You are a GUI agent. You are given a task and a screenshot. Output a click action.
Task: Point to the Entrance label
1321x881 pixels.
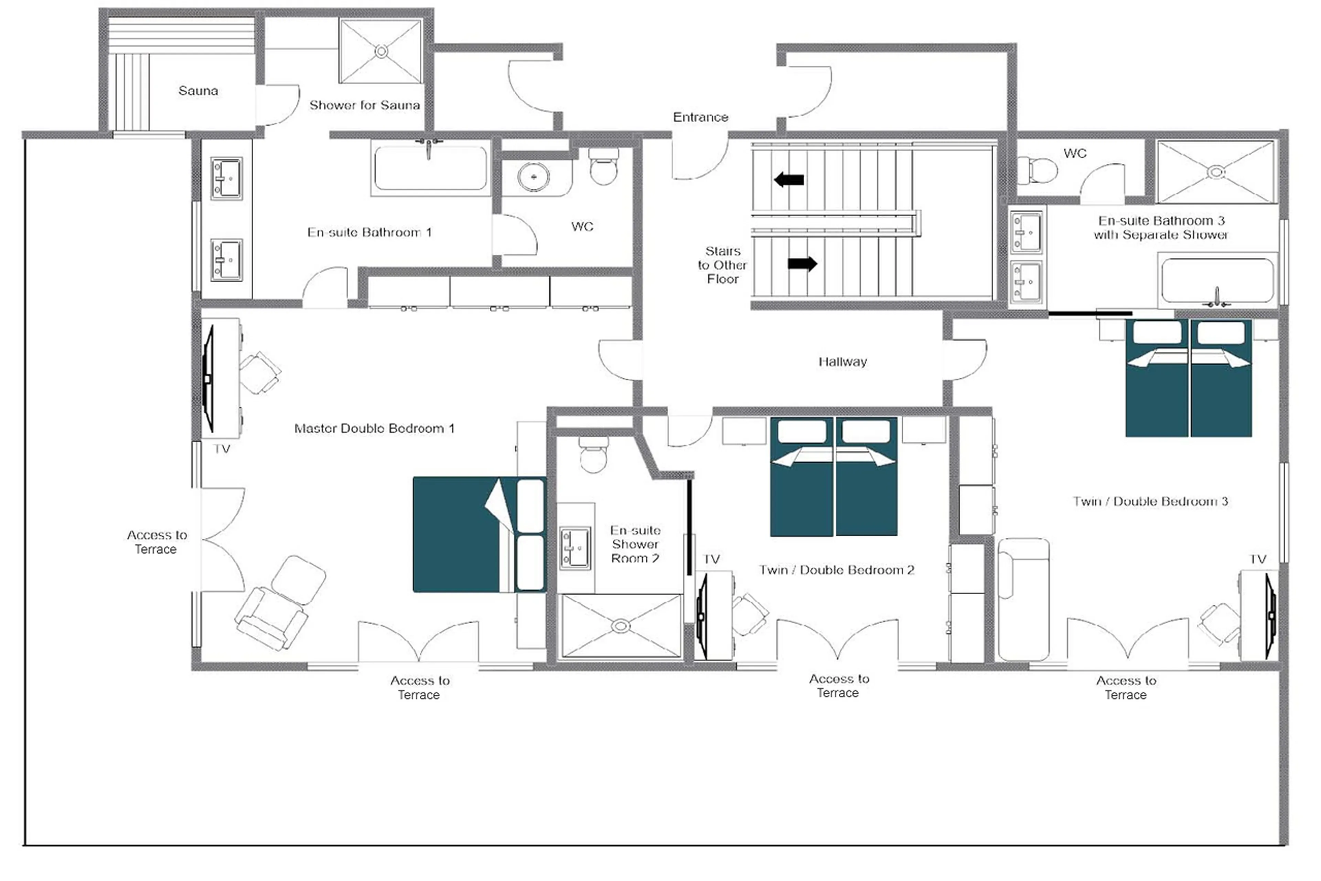(700, 117)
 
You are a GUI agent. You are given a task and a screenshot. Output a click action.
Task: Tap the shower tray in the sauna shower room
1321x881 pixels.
(380, 51)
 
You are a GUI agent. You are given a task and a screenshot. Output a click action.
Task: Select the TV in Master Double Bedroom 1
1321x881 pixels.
(209, 379)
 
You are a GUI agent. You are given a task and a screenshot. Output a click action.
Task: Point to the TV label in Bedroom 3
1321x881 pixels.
(1258, 559)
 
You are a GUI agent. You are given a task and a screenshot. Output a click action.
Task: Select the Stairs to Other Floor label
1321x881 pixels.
(722, 265)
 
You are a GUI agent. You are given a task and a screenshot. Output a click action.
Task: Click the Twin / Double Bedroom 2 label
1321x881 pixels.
(836, 570)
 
